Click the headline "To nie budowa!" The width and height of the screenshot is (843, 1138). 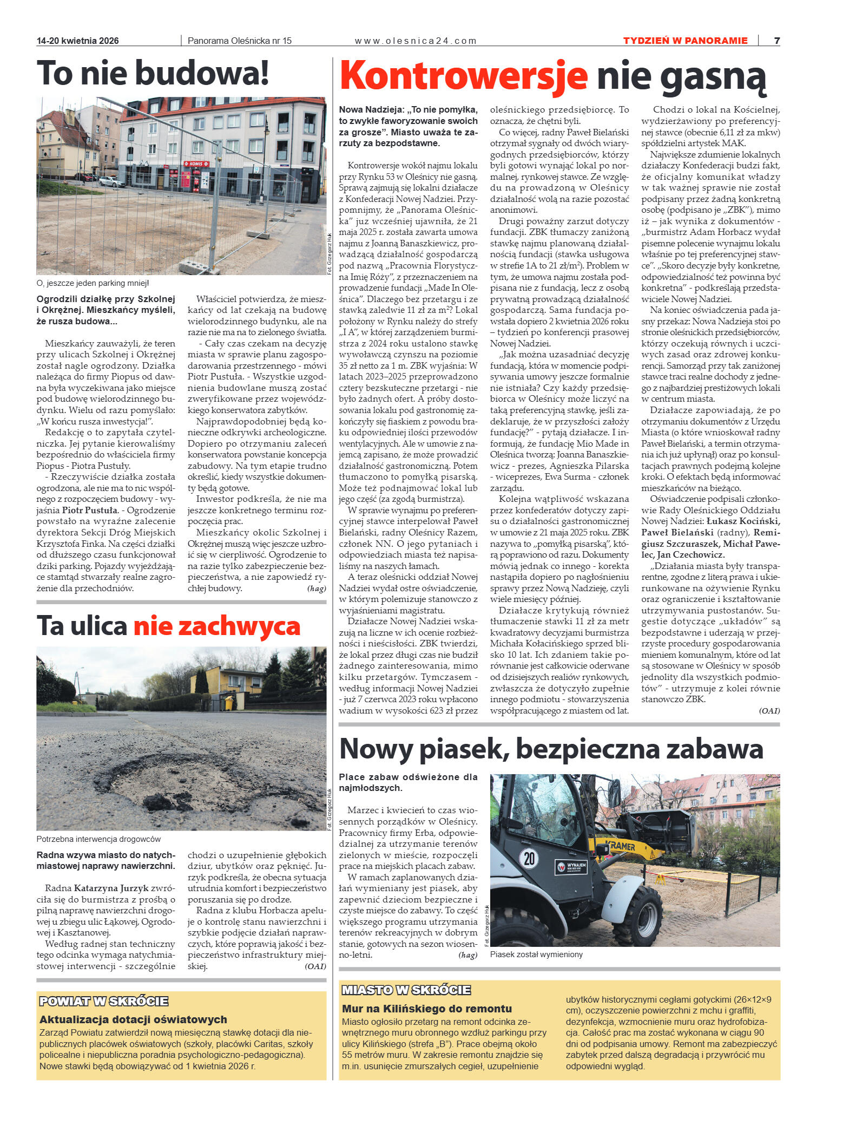pos(153,74)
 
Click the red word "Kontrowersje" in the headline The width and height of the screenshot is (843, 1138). pos(464,76)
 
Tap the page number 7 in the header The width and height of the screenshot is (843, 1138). pos(776,41)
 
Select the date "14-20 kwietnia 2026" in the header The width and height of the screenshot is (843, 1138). pos(78,41)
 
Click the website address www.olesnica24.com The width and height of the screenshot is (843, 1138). pos(415,41)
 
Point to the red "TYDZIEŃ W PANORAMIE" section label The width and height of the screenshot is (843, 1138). pos(685,41)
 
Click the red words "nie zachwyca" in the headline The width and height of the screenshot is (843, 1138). pos(216,626)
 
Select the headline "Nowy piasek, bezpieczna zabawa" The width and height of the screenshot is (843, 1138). pos(551,749)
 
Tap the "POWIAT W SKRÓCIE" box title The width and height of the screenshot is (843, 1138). pos(104,1001)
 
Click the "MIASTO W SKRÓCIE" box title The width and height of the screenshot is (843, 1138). pos(406,990)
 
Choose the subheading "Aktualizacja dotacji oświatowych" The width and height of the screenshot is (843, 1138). pos(133,1019)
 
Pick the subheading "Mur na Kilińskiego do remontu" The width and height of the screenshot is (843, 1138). pos(427,1009)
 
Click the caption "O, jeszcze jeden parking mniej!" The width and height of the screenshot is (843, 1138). pos(93,283)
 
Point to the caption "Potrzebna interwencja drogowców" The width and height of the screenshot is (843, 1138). pos(98,839)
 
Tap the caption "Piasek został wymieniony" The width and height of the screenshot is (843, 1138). pos(536,954)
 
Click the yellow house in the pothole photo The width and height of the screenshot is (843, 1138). pos(227,682)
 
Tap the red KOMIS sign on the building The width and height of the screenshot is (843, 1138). pos(195,163)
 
